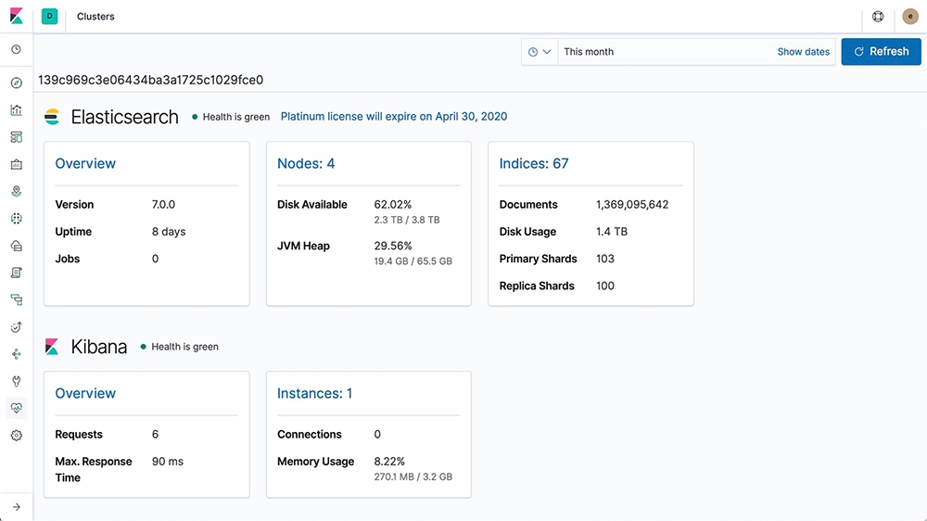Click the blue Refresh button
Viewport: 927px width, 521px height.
pyautogui.click(x=881, y=51)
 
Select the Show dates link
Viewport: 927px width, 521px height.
pyautogui.click(x=803, y=51)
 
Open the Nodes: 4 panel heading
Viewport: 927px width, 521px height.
pyautogui.click(x=306, y=163)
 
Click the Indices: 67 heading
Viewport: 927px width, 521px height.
pyautogui.click(x=533, y=163)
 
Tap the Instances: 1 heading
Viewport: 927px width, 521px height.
pyautogui.click(x=314, y=393)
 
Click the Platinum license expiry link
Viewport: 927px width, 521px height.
pyautogui.click(x=394, y=117)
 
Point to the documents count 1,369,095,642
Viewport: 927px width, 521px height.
pyautogui.click(x=632, y=205)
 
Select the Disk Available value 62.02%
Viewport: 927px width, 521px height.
pyautogui.click(x=392, y=205)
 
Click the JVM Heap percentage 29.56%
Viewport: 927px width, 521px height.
pyautogui.click(x=392, y=246)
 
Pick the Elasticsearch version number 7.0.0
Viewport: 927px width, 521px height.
pyautogui.click(x=163, y=205)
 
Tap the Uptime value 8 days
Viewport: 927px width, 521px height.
pyautogui.click(x=169, y=232)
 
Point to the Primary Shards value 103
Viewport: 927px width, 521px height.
pyautogui.click(x=604, y=259)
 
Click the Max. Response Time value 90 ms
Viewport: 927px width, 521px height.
pyautogui.click(x=167, y=462)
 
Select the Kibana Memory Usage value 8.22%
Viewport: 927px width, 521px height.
pyautogui.click(x=389, y=462)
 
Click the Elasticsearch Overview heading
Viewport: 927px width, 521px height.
pyautogui.click(x=85, y=163)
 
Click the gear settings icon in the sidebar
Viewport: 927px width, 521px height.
pyautogui.click(x=17, y=436)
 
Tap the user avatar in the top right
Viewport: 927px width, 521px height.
pyautogui.click(x=910, y=17)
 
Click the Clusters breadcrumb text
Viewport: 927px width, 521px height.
pyautogui.click(x=95, y=17)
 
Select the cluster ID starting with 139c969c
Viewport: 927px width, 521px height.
pyautogui.click(x=151, y=80)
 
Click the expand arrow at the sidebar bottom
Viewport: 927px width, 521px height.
pyautogui.click(x=17, y=507)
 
